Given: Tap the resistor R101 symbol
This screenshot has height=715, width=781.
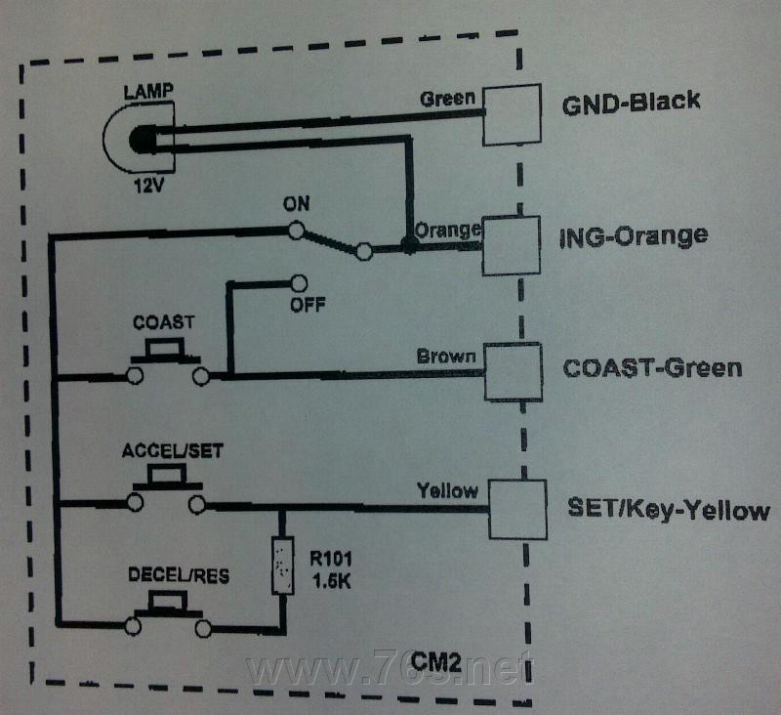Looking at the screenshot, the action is click(282, 566).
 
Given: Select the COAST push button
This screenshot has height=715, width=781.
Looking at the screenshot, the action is click(166, 362).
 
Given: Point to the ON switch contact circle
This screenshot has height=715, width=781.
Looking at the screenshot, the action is click(297, 231).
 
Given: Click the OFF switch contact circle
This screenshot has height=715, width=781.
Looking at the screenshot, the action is click(299, 283).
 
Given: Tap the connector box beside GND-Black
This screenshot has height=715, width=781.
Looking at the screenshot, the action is click(512, 115).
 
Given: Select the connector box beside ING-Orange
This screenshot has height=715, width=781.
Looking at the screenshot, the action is click(512, 245).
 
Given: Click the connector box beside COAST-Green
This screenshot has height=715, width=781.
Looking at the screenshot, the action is click(514, 372).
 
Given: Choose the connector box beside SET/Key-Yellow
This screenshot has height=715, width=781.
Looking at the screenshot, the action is click(517, 509).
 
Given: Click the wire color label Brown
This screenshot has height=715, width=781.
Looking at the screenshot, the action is click(446, 357).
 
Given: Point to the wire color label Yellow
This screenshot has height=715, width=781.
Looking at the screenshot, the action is click(447, 490).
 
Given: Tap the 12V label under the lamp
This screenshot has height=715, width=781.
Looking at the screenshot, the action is click(149, 187).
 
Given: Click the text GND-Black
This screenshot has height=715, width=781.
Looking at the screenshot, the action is click(631, 103).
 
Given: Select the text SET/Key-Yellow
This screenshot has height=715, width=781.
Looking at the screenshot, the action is click(669, 510).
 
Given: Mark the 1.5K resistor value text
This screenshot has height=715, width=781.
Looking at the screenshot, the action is click(332, 581).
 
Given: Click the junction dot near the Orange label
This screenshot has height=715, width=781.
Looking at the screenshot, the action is click(409, 244).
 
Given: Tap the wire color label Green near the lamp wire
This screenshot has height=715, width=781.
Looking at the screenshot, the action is click(447, 99).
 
